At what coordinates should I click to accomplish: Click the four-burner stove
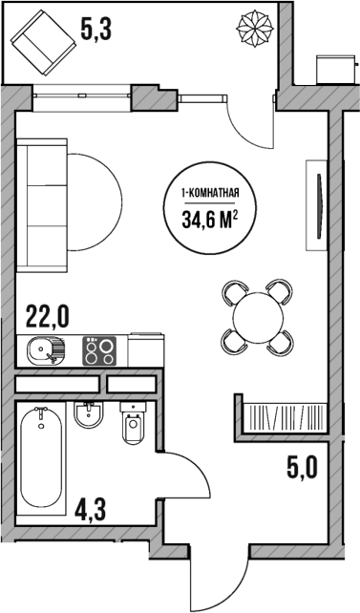tap(99, 351)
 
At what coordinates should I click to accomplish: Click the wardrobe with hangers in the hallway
tap(284, 418)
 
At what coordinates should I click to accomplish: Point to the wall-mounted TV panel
tap(311, 206)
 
